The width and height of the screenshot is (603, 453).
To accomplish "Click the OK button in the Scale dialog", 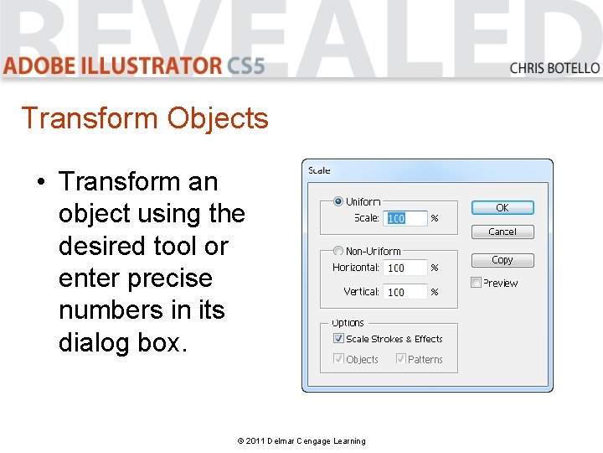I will pyautogui.click(x=502, y=207).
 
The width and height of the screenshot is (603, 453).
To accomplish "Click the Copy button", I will pyautogui.click(x=502, y=260).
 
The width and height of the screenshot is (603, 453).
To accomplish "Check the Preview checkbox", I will pyautogui.click(x=477, y=283).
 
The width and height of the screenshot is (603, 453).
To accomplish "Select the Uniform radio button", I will pyautogui.click(x=338, y=201).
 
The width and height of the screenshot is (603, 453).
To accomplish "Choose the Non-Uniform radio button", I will pyautogui.click(x=338, y=251).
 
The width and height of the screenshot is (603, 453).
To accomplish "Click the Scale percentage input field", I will pyautogui.click(x=406, y=218).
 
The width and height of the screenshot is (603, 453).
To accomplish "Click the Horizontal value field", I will pyautogui.click(x=406, y=268).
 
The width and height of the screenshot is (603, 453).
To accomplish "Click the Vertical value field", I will pyautogui.click(x=406, y=292).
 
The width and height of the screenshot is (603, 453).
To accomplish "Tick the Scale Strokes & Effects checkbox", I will pyautogui.click(x=338, y=339).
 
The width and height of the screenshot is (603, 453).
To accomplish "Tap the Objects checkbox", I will pyautogui.click(x=338, y=359).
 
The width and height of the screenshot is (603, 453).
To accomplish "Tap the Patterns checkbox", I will pyautogui.click(x=401, y=359).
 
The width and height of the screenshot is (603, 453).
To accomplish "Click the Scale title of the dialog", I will pyautogui.click(x=319, y=170).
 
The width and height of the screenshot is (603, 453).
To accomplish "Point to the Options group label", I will pyautogui.click(x=348, y=323).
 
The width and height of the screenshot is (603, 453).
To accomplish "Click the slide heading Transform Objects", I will pyautogui.click(x=144, y=118).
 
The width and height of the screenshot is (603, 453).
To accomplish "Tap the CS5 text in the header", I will pyautogui.click(x=245, y=65).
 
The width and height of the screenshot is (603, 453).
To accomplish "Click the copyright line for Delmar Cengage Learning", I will pyautogui.click(x=301, y=440).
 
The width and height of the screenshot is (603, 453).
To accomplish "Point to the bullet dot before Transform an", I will pyautogui.click(x=40, y=182).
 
